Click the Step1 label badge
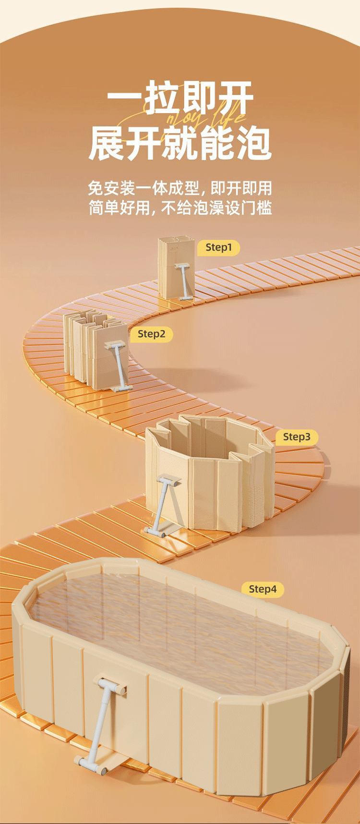218,247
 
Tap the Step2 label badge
151,334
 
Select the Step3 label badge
297,437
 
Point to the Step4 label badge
263,589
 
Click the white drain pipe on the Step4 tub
103,720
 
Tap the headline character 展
108,143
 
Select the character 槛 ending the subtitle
264,208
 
